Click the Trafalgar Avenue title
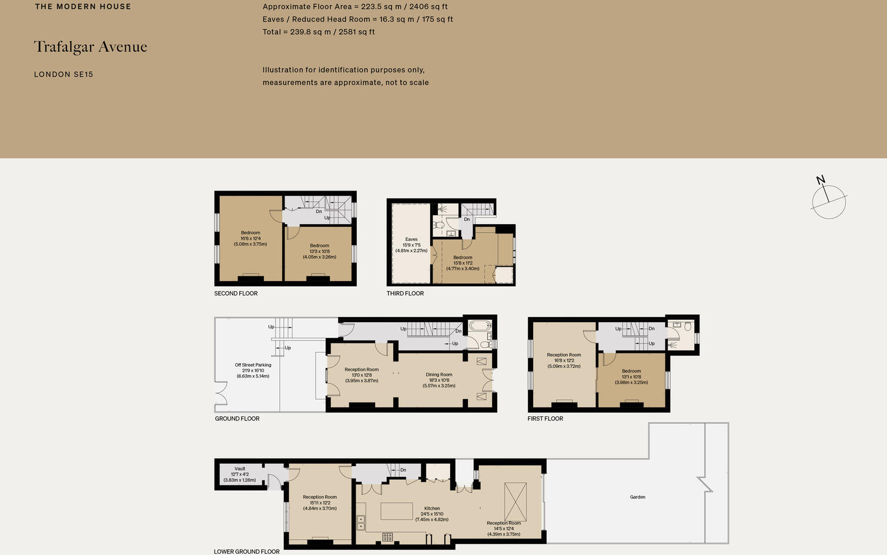91,47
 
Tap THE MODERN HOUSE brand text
83,6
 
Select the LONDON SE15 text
63,75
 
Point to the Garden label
638,497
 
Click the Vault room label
240,469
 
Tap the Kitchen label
432,509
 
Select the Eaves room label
411,239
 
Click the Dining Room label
439,375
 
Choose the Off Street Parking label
253,365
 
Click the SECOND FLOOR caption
236,293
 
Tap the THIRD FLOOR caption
405,293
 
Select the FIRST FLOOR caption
545,419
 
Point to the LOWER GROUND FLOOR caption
247,551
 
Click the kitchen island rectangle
397,511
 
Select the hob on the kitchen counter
387,537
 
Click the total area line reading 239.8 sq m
319,32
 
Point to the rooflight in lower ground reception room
516,501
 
